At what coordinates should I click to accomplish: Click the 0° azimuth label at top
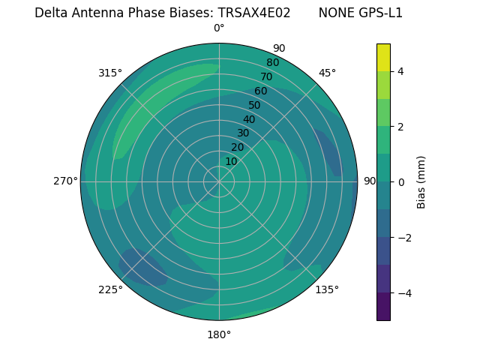[219, 28]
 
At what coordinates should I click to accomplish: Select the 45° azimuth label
[327, 73]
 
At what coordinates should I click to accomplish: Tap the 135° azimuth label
[327, 289]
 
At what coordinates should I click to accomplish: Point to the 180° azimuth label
[219, 334]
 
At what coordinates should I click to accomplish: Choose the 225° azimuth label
[110, 289]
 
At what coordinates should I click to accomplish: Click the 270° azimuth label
[66, 181]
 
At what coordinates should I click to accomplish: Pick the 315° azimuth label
[110, 73]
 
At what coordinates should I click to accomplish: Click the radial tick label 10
[231, 161]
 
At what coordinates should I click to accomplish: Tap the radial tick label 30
[243, 133]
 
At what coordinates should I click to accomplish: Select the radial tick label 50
[254, 105]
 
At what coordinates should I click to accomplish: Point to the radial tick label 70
[266, 76]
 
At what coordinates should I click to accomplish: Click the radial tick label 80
[272, 63]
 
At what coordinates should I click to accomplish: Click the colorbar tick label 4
[401, 71]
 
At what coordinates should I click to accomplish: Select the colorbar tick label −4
[403, 292]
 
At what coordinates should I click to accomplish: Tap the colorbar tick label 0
[401, 182]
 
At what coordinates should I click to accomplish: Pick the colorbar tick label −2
[403, 238]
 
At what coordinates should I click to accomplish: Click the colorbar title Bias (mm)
[421, 182]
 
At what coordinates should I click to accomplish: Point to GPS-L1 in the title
[378, 13]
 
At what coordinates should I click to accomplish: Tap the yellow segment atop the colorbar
[383, 58]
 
